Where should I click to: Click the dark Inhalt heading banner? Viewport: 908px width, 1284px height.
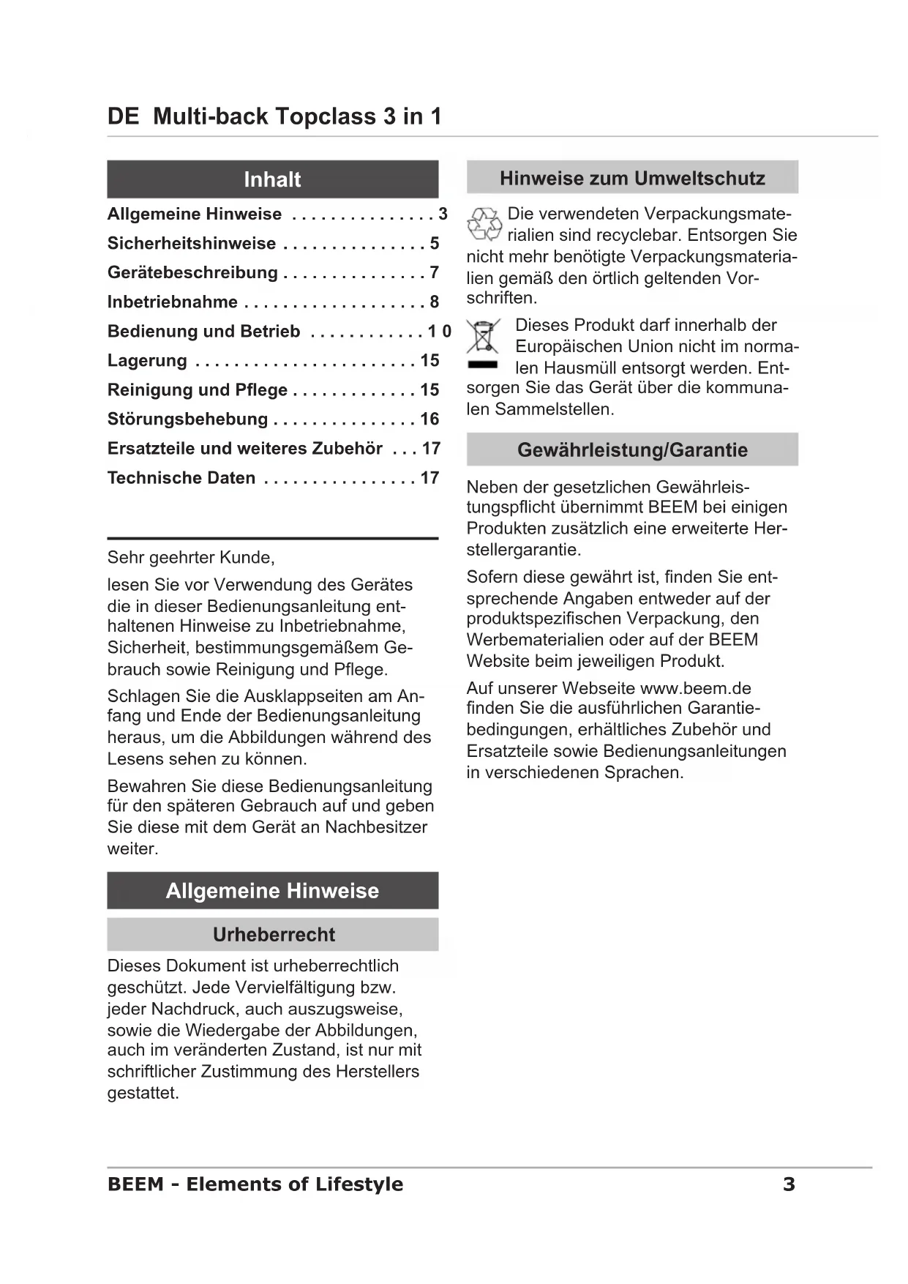(x=272, y=179)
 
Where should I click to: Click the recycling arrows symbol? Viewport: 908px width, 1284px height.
(x=484, y=224)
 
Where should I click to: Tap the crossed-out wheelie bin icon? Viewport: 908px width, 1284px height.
(x=483, y=337)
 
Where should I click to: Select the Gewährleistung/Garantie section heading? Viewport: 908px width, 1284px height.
(x=632, y=449)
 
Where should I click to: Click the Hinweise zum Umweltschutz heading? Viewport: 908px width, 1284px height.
(x=632, y=178)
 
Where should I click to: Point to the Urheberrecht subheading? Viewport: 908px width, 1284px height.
(x=273, y=935)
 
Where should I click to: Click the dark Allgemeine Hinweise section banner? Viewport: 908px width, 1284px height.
(x=272, y=891)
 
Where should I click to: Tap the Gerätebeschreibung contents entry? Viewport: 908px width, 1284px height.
(x=192, y=273)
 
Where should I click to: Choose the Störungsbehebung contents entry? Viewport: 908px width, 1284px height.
(x=187, y=419)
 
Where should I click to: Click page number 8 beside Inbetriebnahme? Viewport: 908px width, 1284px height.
(x=435, y=302)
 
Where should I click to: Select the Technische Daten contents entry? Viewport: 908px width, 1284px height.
(x=181, y=478)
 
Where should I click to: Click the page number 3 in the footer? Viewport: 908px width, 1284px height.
(x=789, y=1184)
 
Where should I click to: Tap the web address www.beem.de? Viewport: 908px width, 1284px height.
(x=695, y=688)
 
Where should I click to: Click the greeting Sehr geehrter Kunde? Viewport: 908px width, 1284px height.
(x=191, y=558)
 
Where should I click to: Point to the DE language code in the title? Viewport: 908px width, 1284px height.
(x=123, y=116)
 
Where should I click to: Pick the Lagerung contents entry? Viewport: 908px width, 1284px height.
(x=147, y=361)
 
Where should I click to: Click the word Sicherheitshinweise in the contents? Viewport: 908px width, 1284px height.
(x=192, y=244)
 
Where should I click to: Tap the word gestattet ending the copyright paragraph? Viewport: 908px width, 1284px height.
(x=143, y=1093)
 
